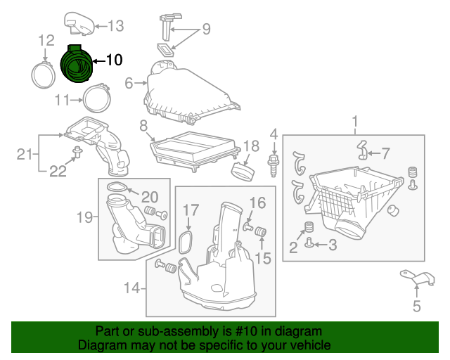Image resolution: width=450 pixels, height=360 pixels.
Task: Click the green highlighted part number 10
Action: pos(76,64)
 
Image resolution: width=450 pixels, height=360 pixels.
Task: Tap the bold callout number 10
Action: pos(115,60)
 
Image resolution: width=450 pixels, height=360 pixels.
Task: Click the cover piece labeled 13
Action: pos(79,24)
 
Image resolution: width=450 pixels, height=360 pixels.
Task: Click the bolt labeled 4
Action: pos(274,166)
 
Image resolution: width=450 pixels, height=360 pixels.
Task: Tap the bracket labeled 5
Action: pos(418,278)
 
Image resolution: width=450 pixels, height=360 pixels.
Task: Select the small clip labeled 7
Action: pos(363,150)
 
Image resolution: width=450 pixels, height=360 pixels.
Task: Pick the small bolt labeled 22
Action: pos(77,152)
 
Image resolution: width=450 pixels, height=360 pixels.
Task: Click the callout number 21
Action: pos(25,155)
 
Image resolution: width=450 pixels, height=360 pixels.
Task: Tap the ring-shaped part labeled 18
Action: pos(243,172)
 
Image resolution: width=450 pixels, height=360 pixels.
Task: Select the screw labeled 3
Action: pos(309,243)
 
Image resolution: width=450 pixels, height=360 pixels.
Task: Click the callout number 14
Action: pos(132,288)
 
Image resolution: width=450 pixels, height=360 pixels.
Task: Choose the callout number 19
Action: pos(85,217)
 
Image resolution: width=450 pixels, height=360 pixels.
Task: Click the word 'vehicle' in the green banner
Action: pos(313,345)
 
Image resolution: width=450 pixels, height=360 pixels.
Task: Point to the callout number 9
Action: pos(206,29)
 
